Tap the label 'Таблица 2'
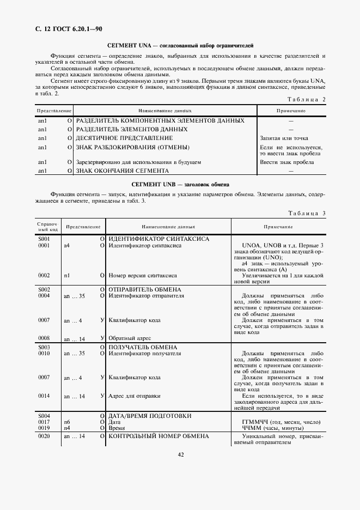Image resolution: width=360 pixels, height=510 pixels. (x=306, y=99)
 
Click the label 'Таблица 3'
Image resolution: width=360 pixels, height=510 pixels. (x=306, y=213)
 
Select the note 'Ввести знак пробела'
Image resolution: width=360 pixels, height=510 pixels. (x=286, y=162)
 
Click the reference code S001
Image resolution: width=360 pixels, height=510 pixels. (x=44, y=239)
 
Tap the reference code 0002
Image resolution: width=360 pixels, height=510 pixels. (x=44, y=276)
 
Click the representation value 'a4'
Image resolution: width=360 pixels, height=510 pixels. (x=67, y=246)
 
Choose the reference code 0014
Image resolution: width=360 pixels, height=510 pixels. (x=44, y=396)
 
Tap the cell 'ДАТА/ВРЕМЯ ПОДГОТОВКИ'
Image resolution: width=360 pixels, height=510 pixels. (x=150, y=416)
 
